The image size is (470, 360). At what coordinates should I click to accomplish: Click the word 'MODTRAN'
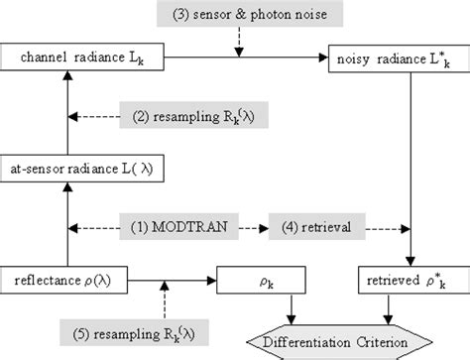(187, 225)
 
